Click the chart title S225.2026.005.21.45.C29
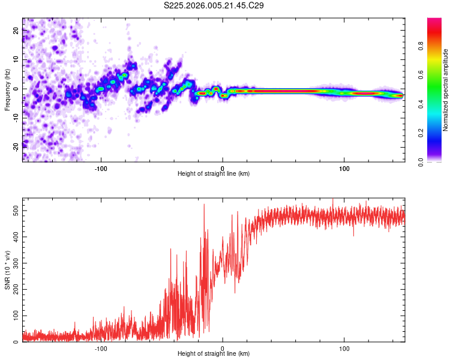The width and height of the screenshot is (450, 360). pos(214,5)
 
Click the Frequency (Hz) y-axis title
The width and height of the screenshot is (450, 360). pos(7,90)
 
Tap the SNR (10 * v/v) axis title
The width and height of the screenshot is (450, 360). pos(7,270)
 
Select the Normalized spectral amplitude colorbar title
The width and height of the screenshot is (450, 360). pos(446,90)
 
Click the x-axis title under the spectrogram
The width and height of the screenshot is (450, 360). pos(214,173)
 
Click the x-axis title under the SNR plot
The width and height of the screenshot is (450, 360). pos(214,353)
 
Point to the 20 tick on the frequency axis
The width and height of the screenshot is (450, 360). pos(16,32)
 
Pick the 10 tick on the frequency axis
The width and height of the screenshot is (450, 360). pos(16,61)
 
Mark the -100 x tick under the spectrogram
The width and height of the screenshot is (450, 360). pos(101,167)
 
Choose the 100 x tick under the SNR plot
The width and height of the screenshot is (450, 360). pos(344,347)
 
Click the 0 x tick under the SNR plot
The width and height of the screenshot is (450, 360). pos(223,347)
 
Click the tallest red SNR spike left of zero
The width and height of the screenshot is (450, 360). pos(204,205)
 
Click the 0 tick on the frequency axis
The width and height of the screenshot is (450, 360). pos(17,89)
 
